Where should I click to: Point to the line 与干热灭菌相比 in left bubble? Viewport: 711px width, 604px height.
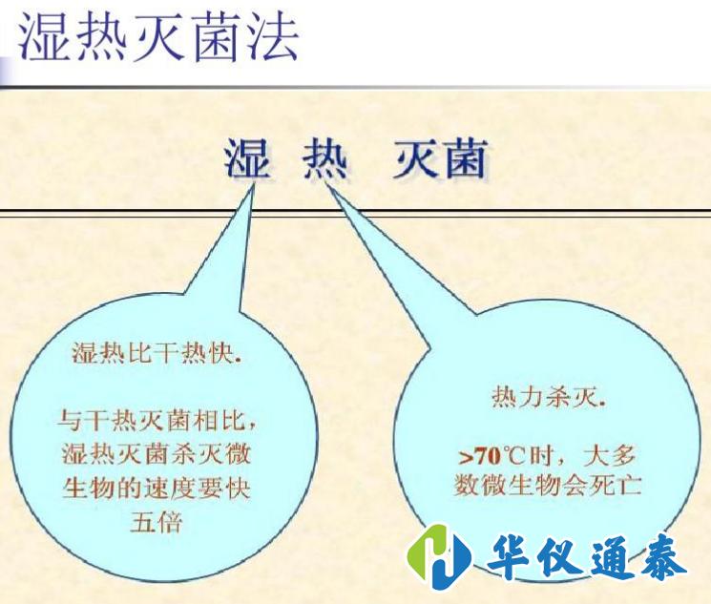(157, 419)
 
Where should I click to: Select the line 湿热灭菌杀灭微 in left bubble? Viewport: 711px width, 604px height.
(157, 453)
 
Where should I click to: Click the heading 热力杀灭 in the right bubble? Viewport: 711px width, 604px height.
(548, 397)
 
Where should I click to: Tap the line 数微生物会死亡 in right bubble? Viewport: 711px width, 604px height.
(548, 486)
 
